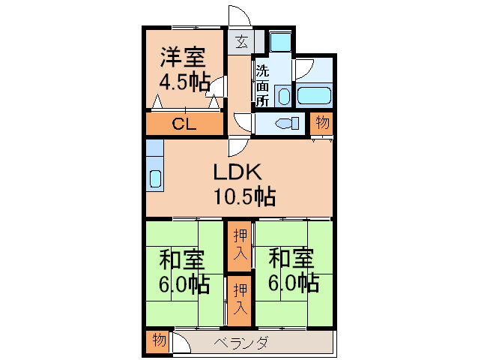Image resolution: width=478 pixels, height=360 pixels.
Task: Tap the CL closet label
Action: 184,124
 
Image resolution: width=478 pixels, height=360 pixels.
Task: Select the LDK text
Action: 238,172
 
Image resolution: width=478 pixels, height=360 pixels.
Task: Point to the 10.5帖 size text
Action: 245,196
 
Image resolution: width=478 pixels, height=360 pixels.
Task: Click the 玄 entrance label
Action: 242,42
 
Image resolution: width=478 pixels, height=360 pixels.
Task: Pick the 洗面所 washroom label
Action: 262,86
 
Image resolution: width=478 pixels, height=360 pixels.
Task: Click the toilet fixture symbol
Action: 287,123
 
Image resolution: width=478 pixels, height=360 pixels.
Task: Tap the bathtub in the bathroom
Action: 314,95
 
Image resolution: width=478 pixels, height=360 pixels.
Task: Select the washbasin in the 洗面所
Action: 284,96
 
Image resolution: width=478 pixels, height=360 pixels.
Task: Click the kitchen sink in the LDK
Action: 155,178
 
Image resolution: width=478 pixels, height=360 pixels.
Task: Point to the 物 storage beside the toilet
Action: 322,124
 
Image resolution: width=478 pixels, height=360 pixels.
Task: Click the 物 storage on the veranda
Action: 159,340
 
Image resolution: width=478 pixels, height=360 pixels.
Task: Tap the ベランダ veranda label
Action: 240,343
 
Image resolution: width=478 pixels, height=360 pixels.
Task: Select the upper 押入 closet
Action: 240,245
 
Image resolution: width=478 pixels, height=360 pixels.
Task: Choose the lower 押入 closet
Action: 240,300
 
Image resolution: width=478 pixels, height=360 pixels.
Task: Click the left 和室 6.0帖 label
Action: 184,271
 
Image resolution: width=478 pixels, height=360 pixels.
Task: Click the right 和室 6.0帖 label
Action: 293,271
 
